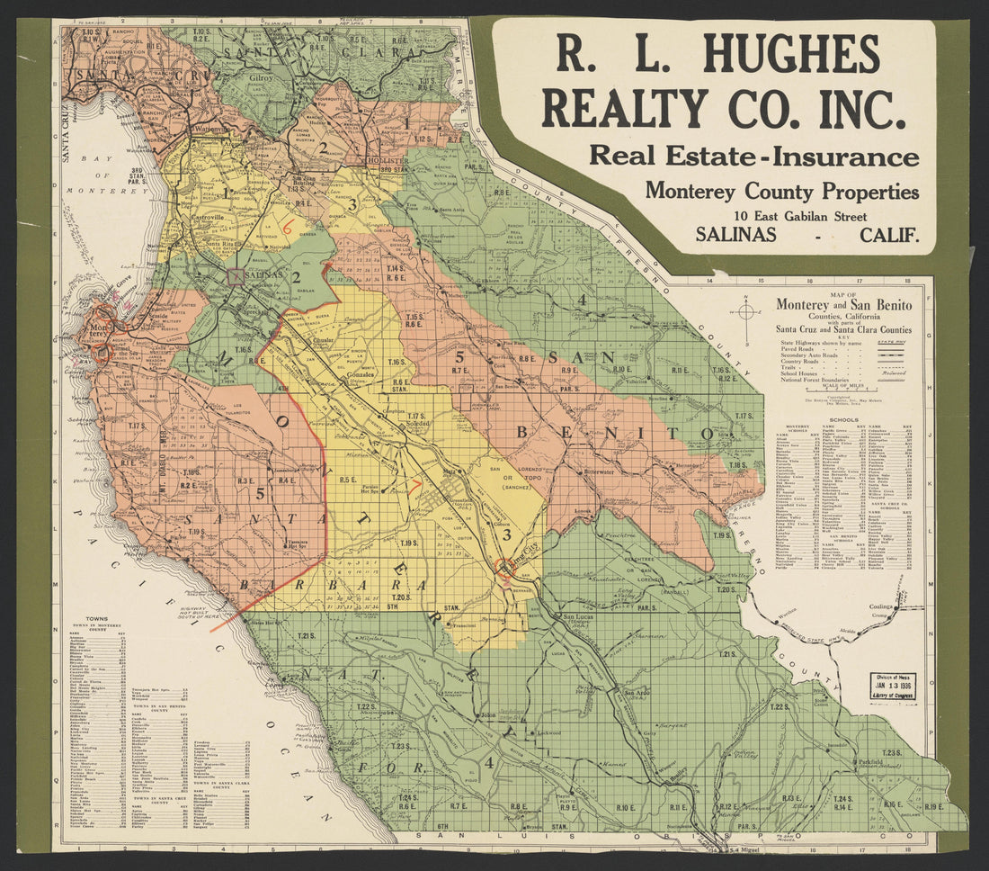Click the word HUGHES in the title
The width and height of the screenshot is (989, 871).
(x=791, y=54)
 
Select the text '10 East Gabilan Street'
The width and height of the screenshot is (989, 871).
(x=799, y=216)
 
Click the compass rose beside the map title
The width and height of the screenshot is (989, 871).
(x=746, y=312)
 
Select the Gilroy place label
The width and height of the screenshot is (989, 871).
(x=261, y=78)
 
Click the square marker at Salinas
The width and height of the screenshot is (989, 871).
(x=236, y=276)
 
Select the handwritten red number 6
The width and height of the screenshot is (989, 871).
(x=288, y=228)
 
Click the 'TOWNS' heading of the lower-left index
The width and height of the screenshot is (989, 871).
(x=96, y=619)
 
